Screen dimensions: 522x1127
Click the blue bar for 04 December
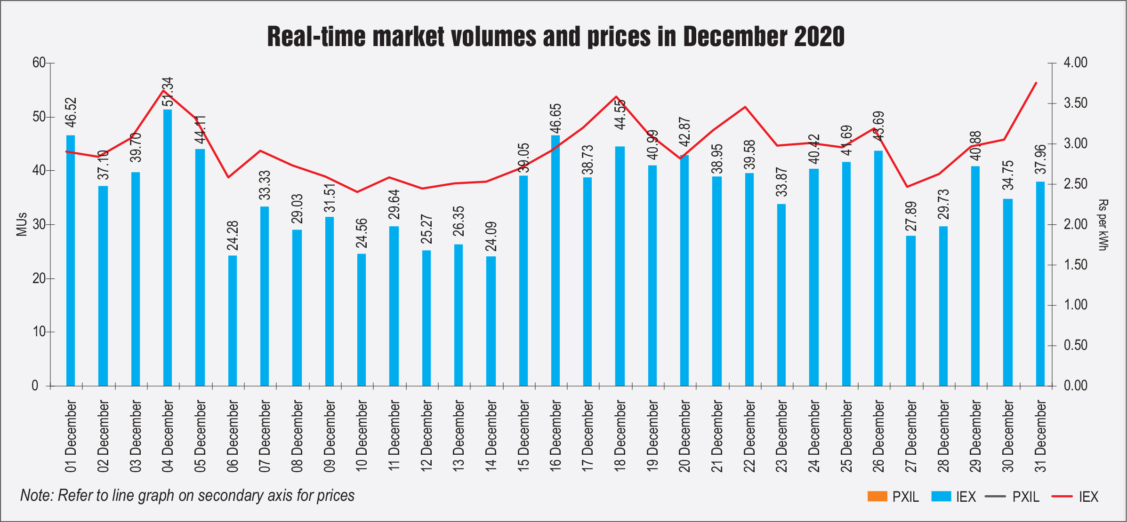tap(168, 248)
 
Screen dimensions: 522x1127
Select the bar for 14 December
tap(491, 321)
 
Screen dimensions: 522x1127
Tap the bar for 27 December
tap(911, 311)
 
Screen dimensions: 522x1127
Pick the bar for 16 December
tap(555, 261)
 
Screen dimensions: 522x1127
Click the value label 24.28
tap(233, 235)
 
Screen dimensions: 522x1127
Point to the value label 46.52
tap(71, 112)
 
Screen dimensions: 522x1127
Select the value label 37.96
tap(1040, 159)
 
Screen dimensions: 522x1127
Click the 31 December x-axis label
tap(1040, 436)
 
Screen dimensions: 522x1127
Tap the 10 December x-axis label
tap(362, 436)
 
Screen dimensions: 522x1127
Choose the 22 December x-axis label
tap(749, 436)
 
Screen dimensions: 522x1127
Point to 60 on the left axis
tap(39, 63)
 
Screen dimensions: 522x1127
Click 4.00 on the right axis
tap(1076, 63)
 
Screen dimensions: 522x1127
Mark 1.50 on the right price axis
tap(1076, 265)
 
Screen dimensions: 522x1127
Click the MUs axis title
tap(22, 224)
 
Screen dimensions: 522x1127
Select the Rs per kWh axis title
tap(1103, 225)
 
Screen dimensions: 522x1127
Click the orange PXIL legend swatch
tap(877, 497)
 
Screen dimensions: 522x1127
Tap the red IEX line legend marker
tap(1062, 497)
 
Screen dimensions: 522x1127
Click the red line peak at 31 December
tap(1036, 83)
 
